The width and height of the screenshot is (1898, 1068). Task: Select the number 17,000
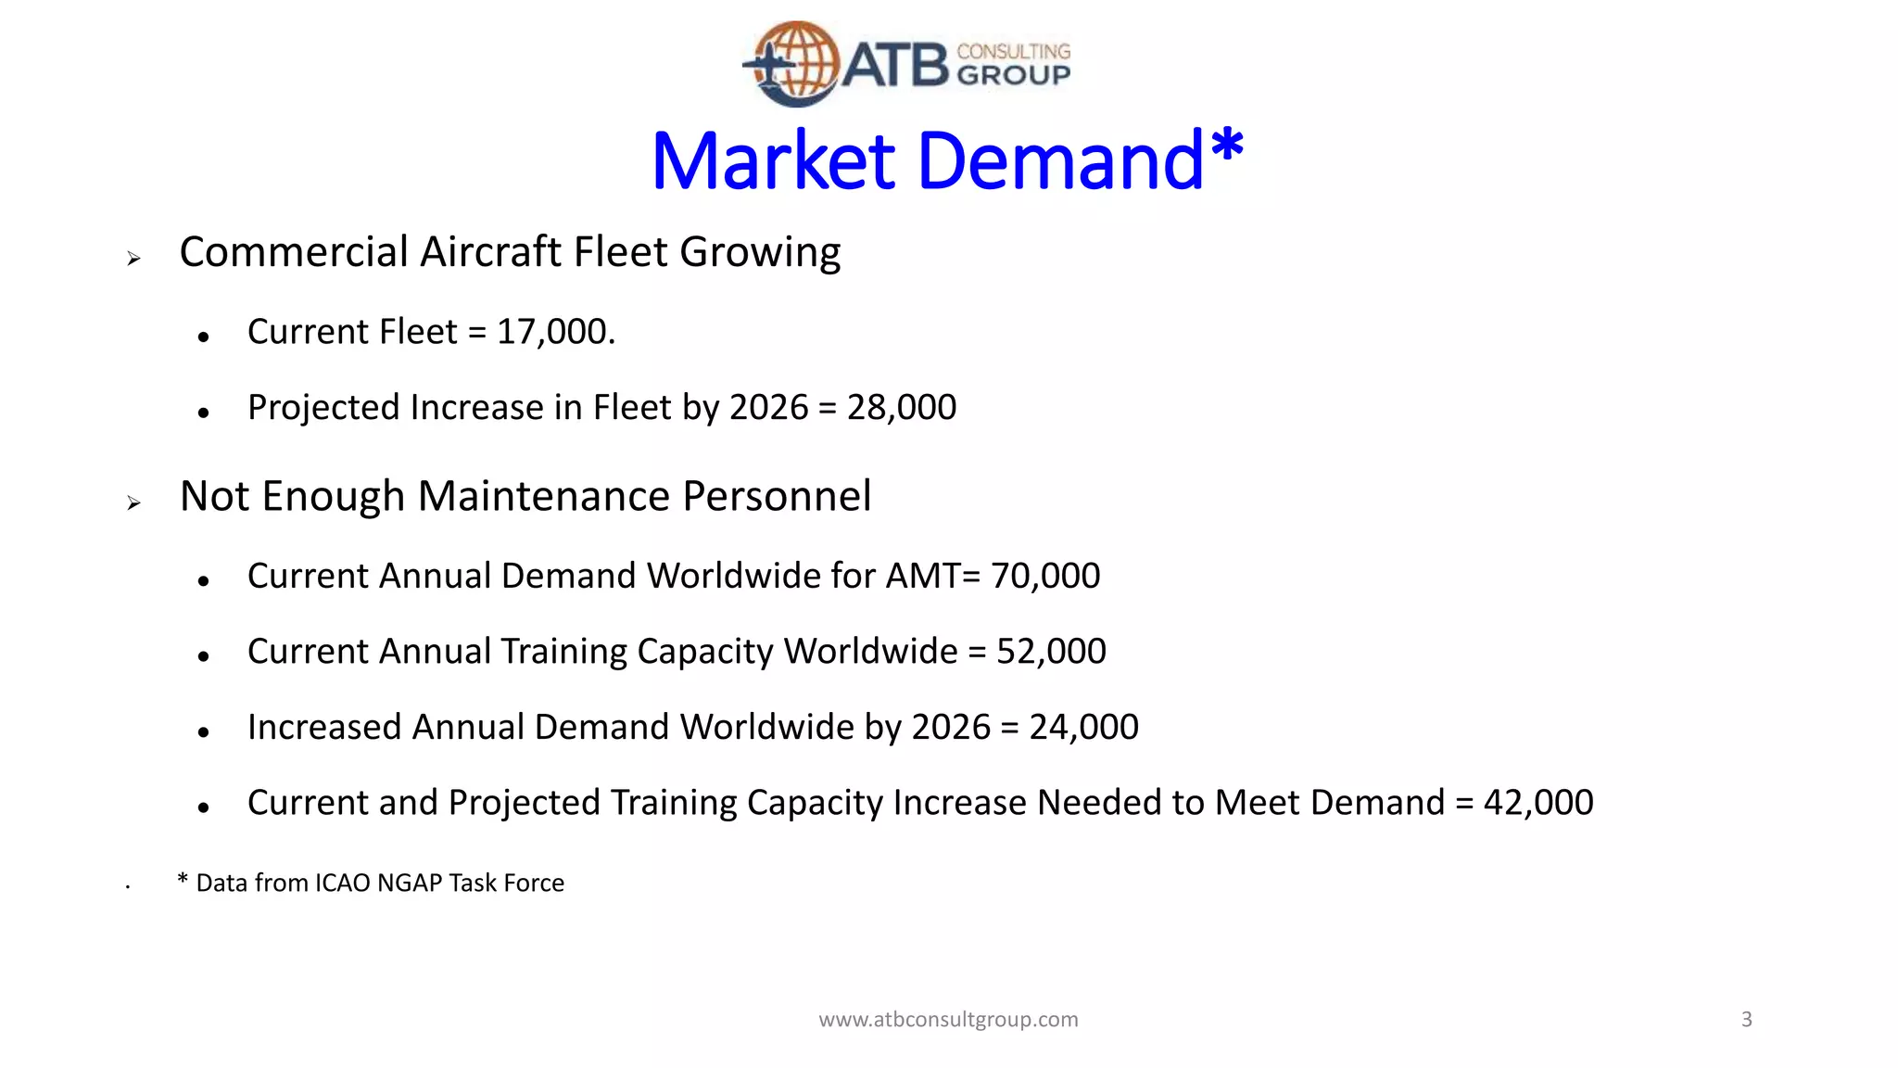(x=554, y=332)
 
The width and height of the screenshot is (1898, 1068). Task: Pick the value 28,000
(x=901, y=408)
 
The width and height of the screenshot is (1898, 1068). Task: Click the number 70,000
(x=1044, y=577)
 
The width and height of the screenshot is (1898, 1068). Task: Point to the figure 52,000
(x=1051, y=652)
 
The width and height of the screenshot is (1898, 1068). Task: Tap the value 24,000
(x=1083, y=728)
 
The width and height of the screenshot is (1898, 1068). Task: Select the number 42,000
(x=1537, y=803)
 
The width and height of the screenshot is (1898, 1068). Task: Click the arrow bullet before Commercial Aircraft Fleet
(x=134, y=259)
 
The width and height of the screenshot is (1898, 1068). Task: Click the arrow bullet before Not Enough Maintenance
(x=134, y=503)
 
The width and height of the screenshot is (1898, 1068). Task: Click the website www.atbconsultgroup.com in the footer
(x=948, y=1020)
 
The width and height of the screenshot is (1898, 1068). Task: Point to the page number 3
(x=1746, y=1020)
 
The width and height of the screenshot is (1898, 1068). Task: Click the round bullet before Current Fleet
(x=204, y=337)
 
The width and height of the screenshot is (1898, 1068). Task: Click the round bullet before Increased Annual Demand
(x=204, y=732)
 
